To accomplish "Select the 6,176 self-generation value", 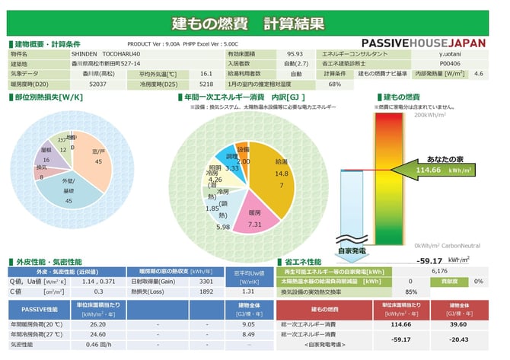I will coord(439,271).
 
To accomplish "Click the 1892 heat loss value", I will coord(206,291).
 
